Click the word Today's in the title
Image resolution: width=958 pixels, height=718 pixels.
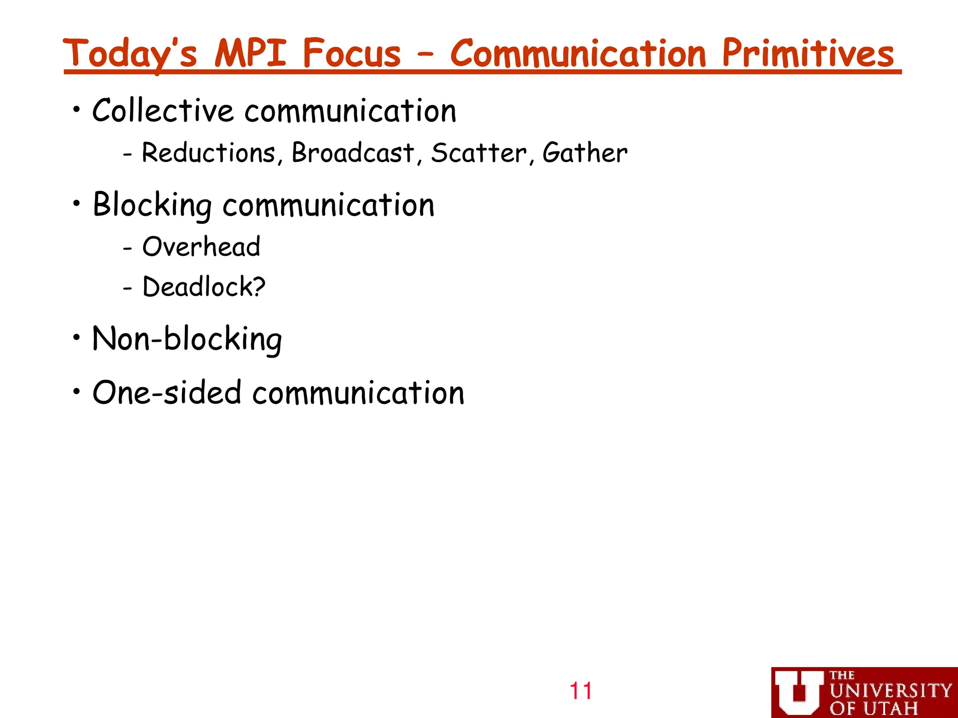click(130, 54)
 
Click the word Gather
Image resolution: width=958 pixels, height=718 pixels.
click(585, 153)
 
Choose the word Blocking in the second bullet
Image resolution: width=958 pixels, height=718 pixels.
click(152, 205)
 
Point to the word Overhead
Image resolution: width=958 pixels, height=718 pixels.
click(201, 246)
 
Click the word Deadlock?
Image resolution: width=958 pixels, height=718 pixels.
click(204, 287)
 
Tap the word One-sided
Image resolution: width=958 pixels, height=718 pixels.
click(167, 392)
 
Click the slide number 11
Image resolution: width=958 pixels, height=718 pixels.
click(581, 691)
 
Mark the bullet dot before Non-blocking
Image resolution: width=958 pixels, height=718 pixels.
click(77, 337)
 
